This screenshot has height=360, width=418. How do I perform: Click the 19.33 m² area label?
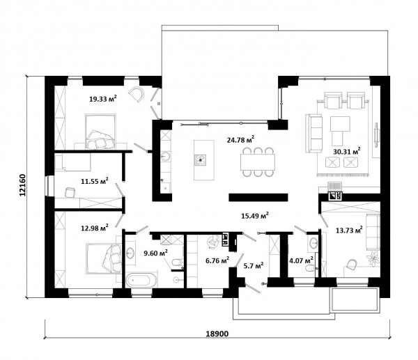coord(103,99)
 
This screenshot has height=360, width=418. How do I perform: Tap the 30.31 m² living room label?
coord(347,151)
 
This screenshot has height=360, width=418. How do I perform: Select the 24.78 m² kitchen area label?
coord(240,139)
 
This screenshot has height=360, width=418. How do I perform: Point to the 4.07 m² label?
coord(301,260)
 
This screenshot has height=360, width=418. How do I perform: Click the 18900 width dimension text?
coord(217,334)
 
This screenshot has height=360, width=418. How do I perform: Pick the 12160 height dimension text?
coord(23,185)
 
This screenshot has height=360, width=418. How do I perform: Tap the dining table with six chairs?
coord(258,162)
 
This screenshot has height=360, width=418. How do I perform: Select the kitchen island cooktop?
coord(200,160)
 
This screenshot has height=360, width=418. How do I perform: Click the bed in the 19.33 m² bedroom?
coord(100,132)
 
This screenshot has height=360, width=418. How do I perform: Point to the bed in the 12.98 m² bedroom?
coord(103,259)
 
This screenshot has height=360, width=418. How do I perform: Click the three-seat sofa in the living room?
coord(313,133)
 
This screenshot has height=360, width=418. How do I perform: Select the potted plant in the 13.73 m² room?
coord(373,258)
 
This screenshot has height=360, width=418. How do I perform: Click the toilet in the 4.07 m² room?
coord(310,268)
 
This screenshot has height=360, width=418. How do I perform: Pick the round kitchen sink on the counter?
coord(165,157)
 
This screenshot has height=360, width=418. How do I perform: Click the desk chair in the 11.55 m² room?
coord(70,192)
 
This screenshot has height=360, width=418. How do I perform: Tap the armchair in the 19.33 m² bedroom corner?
coord(137,94)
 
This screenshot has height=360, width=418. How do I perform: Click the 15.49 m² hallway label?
coord(255,215)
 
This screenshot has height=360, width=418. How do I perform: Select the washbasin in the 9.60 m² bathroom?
coord(130,252)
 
